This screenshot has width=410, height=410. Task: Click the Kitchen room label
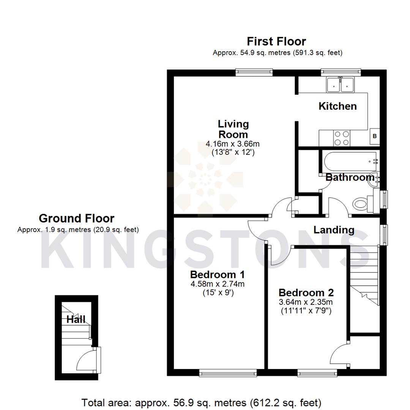point(337,106)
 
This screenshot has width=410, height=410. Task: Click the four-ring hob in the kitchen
point(341,137)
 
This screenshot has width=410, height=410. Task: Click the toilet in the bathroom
point(361,204)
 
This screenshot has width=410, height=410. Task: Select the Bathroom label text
point(350,177)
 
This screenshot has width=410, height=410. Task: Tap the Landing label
point(334,230)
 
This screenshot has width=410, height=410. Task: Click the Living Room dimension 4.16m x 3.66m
point(232,144)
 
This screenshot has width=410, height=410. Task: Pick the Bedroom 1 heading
point(218,274)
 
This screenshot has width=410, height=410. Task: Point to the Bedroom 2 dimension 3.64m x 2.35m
point(306,302)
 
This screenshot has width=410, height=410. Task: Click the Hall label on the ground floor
point(76,319)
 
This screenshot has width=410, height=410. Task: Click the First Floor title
point(276,41)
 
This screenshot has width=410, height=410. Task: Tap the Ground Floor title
point(76,218)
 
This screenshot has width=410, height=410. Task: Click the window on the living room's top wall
point(254,71)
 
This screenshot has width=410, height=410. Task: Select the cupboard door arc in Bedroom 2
point(339,354)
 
